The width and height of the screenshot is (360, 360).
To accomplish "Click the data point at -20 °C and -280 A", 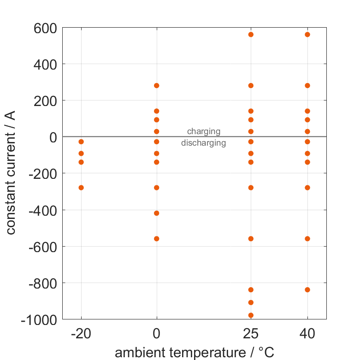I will (81, 188).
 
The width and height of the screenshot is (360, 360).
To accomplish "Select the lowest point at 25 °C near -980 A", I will (251, 315).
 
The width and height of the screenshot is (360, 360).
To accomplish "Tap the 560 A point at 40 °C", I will (307, 35).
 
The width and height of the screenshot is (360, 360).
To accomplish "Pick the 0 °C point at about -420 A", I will (157, 213).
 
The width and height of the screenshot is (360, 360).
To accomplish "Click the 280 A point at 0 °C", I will (157, 86).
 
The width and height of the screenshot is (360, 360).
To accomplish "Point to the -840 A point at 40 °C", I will (307, 290).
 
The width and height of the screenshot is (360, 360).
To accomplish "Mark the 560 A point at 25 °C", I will (251, 35).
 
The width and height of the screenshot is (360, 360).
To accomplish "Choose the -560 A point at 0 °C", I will (157, 239).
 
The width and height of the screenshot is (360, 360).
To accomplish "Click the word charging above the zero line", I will (203, 132).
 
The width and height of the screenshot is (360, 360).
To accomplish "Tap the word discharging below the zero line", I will (203, 143).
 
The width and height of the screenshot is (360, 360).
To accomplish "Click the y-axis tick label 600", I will (45, 29).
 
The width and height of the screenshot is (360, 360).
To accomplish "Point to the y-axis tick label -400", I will (42, 210).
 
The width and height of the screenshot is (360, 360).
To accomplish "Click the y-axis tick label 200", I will (45, 101).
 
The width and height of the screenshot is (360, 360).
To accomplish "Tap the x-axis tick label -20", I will (81, 333).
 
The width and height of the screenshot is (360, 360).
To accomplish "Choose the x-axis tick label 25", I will (251, 333).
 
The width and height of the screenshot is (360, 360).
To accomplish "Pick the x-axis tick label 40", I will (307, 333).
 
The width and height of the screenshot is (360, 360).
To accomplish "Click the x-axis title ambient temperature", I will (194, 353).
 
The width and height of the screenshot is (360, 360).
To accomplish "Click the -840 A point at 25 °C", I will (251, 290).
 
